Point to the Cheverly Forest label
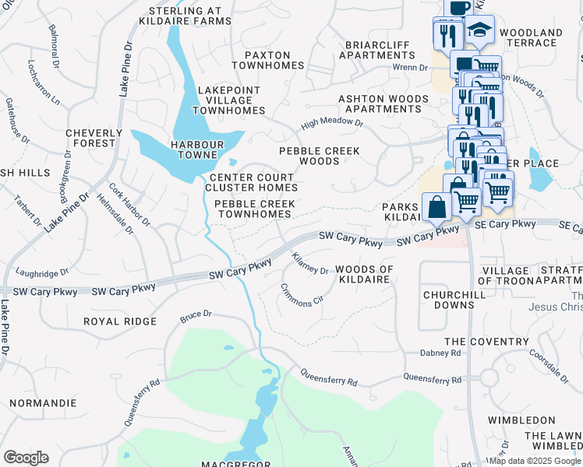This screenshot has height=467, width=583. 94,138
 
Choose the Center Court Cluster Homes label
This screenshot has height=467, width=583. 253,182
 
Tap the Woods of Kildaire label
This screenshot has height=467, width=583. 364,274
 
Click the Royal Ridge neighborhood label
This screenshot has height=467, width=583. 121,321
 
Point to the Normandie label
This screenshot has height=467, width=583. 43,403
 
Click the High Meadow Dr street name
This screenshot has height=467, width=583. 333,123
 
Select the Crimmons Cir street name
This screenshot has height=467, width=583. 303,293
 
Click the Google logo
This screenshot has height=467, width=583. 26,458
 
